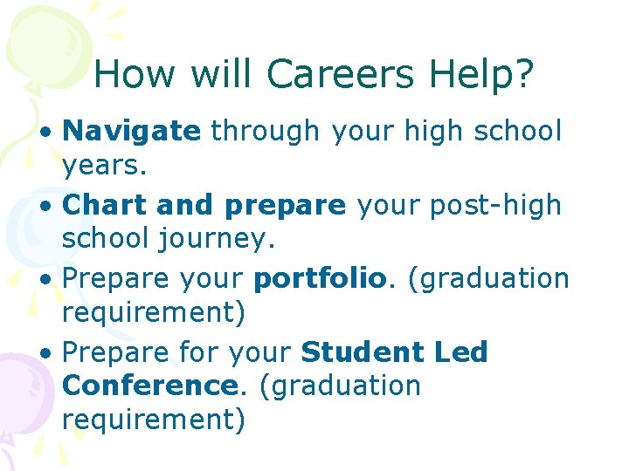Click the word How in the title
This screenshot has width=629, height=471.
click(x=133, y=75)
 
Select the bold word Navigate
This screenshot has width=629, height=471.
click(x=132, y=132)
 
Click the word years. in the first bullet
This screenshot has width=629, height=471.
click(x=106, y=165)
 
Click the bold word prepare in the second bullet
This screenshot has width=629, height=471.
click(x=285, y=207)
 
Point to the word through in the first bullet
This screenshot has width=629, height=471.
click(x=265, y=132)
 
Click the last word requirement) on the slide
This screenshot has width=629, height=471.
click(x=154, y=420)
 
